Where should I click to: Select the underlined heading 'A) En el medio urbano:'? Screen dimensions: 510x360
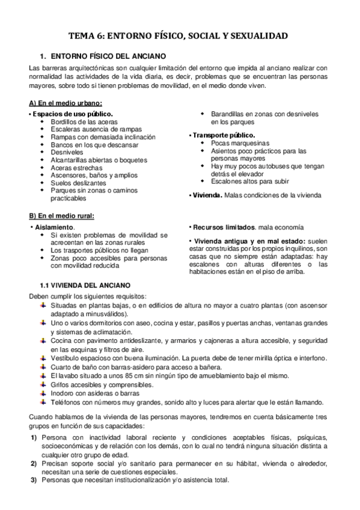coord(65,103)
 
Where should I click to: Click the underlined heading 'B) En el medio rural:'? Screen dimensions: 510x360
coord(61,216)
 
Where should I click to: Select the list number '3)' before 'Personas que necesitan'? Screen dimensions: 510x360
coord(34,482)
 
